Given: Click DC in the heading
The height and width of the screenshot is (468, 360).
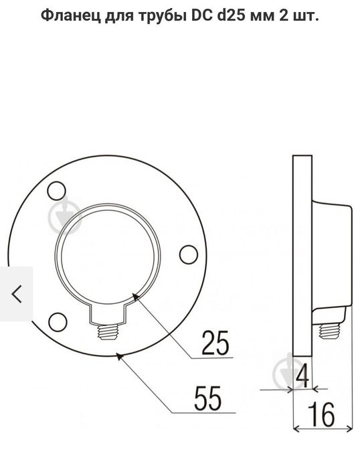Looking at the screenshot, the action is point(202,15).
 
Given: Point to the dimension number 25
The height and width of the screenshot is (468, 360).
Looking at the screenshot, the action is point(215,343).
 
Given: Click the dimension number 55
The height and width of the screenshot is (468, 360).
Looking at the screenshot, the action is point(208,398).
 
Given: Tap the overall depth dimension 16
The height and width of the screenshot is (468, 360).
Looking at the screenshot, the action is point(321,414).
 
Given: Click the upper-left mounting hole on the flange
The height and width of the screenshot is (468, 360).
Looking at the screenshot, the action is point(57,191).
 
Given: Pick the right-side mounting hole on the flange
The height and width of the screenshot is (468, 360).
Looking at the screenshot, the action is point(189,254).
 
